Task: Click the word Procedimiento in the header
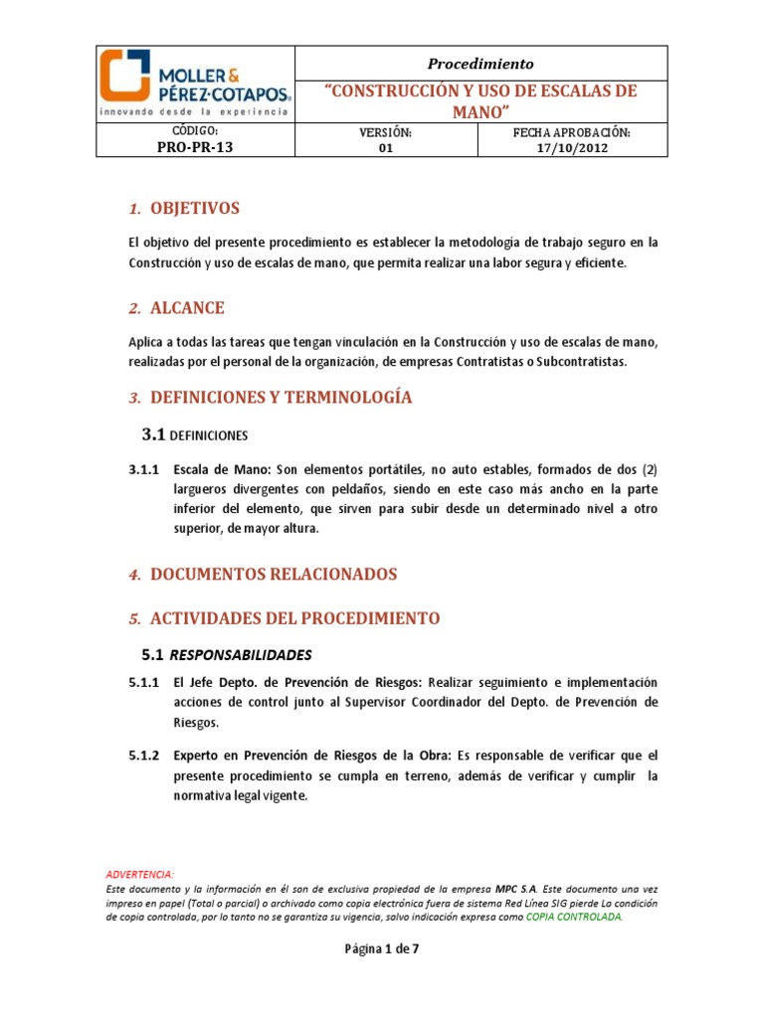480,64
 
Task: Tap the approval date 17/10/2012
572,148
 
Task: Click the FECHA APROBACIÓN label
572,132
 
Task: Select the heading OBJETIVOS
195,209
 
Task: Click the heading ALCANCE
187,308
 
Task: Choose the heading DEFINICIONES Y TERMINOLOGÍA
281,398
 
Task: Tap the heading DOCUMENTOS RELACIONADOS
274,575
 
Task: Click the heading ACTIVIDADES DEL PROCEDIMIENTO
294,618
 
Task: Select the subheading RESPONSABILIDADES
241,655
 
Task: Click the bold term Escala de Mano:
223,469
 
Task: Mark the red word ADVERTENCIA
139,874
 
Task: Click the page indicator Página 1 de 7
383,948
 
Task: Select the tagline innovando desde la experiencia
195,112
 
